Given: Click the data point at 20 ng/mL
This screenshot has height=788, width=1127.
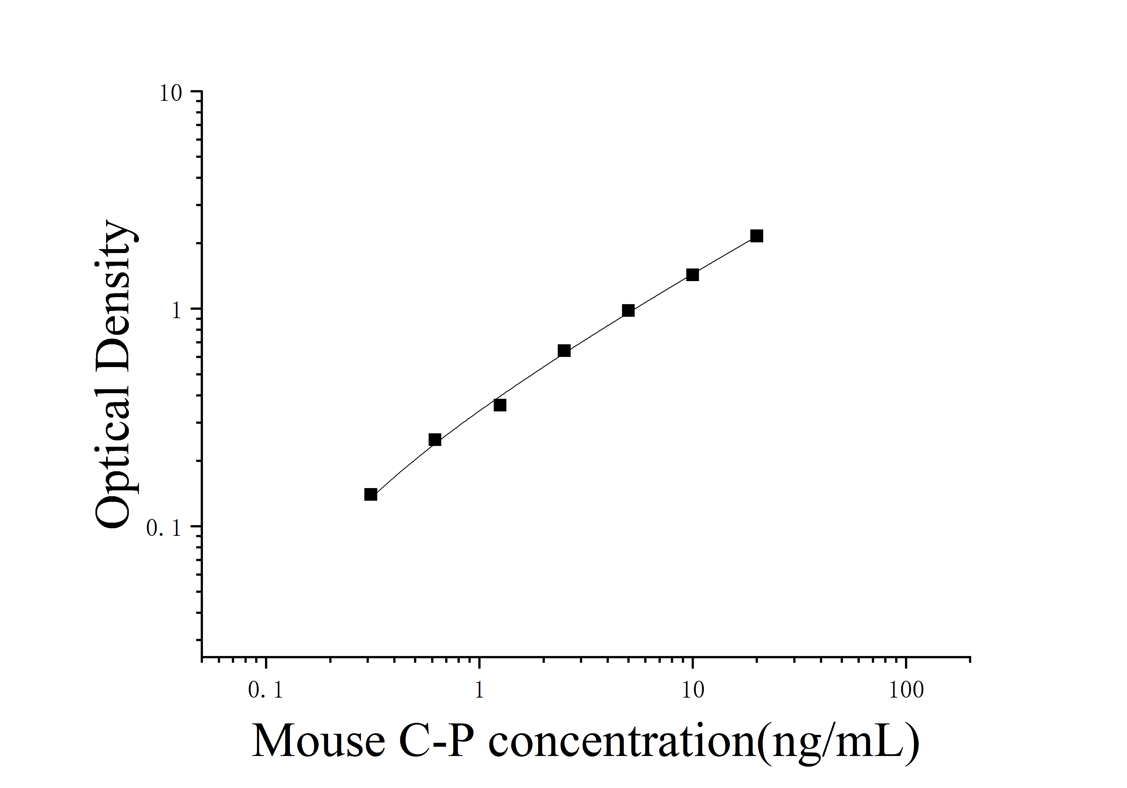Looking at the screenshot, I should pos(756,236).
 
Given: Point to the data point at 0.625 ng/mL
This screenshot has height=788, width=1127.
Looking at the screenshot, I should pos(435,439).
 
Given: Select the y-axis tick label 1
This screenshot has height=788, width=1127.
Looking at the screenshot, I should pos(177,311).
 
